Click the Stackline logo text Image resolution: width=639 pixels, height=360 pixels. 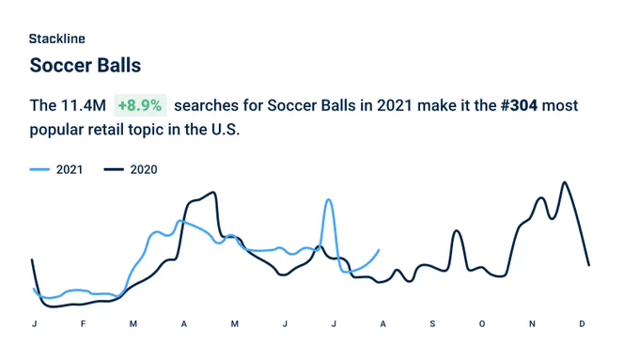[x=57, y=39]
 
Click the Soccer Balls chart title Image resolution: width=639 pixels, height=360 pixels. [x=86, y=65]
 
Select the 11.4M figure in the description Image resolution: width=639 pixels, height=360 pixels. [x=83, y=105]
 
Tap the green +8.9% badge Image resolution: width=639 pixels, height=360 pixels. [x=140, y=105]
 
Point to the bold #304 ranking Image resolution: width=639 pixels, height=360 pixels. [x=519, y=105]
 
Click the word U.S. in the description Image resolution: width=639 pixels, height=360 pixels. [x=225, y=130]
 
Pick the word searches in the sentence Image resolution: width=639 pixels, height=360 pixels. [x=206, y=105]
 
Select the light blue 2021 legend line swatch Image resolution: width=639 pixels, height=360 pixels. [x=39, y=169]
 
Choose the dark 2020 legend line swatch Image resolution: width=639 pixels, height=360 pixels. [x=114, y=169]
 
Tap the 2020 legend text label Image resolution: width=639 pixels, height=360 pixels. [x=144, y=169]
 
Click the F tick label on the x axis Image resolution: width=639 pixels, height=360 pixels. [x=83, y=323]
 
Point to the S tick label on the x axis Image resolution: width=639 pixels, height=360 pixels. [x=432, y=323]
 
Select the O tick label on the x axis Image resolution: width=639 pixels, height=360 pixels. [x=482, y=323]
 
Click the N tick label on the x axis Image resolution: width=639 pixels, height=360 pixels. [x=532, y=323]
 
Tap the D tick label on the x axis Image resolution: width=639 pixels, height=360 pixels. [x=582, y=323]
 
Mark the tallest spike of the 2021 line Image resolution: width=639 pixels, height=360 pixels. [x=329, y=200]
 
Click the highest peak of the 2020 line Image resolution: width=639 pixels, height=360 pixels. [x=565, y=182]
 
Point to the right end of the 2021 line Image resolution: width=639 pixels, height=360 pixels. [x=379, y=250]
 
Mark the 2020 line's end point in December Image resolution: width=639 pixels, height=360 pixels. [x=589, y=265]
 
